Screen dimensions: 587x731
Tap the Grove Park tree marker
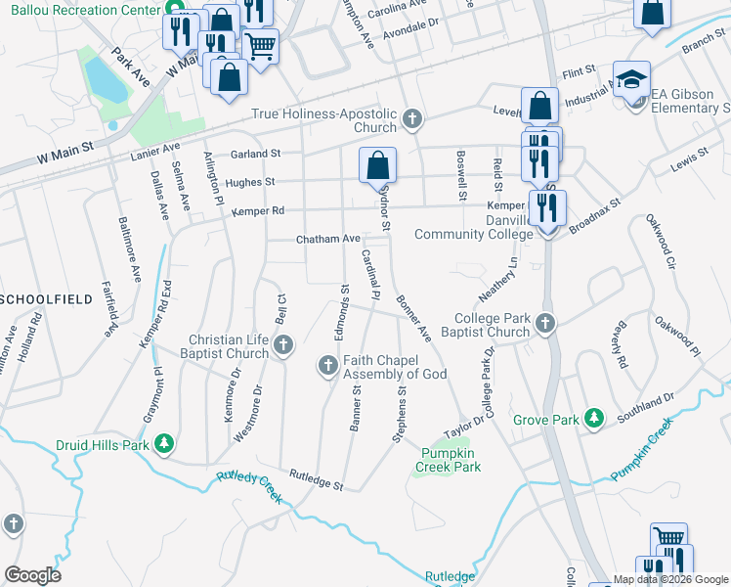[592, 419]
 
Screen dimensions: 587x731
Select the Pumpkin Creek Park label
[451, 460]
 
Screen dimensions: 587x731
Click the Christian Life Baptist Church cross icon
[283, 344]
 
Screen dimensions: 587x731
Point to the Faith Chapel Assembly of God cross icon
[327, 366]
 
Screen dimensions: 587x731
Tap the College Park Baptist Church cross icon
[545, 323]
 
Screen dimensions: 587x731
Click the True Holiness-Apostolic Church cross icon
[412, 120]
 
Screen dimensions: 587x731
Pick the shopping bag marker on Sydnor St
[377, 164]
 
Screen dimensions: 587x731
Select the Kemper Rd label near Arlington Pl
[258, 210]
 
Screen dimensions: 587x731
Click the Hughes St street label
[250, 182]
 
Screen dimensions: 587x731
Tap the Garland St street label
[255, 154]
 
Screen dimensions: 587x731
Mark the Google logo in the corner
[32, 575]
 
